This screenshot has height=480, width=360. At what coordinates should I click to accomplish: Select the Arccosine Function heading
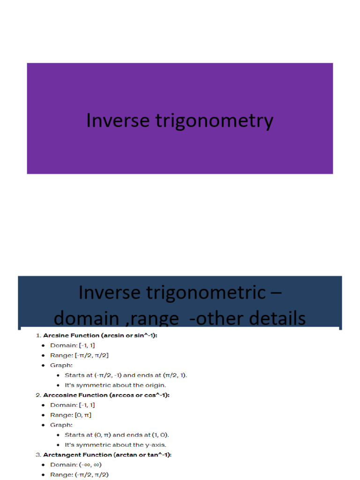pos(106,395)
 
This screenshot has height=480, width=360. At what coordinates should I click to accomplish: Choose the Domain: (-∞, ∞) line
pos(75,465)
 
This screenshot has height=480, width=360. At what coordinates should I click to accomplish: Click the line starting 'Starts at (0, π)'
pos(117,435)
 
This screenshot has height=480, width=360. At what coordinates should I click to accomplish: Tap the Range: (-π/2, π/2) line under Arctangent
pos(80,474)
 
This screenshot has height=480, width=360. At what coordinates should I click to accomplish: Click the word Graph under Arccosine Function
pos(60,425)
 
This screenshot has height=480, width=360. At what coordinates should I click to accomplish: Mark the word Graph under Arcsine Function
pos(60,365)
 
